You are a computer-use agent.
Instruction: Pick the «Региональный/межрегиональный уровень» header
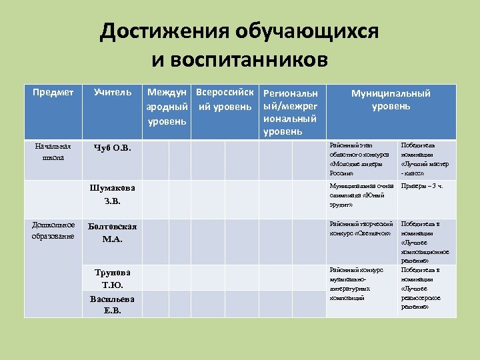291,112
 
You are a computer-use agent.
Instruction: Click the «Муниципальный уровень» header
391,99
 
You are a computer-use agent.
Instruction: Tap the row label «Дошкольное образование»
53,230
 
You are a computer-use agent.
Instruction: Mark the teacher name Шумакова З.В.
113,193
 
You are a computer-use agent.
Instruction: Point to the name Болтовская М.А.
113,232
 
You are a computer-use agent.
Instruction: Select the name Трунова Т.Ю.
113,279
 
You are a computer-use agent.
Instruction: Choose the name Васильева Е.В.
113,304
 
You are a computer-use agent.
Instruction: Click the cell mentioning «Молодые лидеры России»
363,159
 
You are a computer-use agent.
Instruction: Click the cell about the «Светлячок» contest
363,229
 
